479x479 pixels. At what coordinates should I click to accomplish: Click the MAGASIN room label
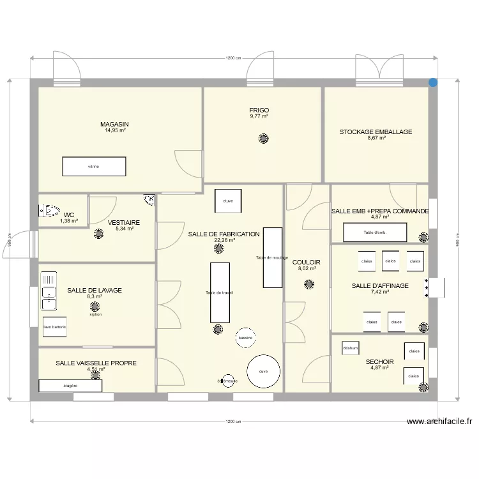click(x=115, y=124)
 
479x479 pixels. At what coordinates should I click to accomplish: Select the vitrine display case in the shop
click(x=94, y=167)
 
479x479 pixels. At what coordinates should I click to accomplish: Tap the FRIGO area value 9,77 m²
click(x=259, y=117)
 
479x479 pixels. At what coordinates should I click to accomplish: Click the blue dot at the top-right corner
click(x=434, y=82)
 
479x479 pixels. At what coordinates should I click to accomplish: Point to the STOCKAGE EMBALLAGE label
click(x=376, y=132)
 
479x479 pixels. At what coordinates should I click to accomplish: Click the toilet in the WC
click(x=49, y=209)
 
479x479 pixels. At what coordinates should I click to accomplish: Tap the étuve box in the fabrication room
click(x=228, y=201)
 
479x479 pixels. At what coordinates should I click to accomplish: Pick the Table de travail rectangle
click(x=220, y=292)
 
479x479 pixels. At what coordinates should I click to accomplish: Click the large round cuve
click(x=263, y=371)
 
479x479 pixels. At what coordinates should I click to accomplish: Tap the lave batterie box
click(x=54, y=327)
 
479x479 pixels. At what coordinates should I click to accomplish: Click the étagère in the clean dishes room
click(x=70, y=386)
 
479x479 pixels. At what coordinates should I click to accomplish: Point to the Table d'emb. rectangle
click(x=376, y=232)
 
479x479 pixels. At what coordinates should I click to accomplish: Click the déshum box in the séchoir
click(x=351, y=348)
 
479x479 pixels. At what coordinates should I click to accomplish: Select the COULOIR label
click(x=307, y=262)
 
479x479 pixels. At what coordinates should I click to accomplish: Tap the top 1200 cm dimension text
click(x=233, y=58)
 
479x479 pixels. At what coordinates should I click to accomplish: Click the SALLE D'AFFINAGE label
click(x=379, y=285)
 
